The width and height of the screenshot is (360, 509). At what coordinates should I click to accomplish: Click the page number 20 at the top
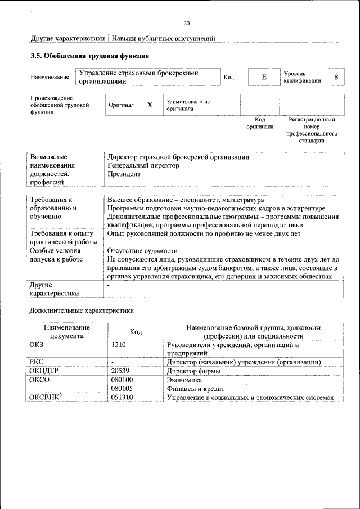187,23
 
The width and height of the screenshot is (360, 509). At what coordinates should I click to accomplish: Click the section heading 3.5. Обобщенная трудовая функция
89,56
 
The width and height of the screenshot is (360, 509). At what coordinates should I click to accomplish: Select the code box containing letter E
263,76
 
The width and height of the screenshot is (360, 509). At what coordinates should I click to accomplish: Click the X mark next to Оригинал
150,105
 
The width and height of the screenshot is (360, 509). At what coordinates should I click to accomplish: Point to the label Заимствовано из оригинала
188,105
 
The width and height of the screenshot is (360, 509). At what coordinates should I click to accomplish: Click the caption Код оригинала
259,123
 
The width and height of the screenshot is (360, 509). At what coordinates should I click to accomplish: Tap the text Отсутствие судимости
142,250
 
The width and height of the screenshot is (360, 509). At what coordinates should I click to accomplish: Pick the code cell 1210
119,344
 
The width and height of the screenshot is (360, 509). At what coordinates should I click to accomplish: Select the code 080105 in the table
122,388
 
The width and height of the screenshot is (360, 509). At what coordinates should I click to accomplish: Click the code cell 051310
122,398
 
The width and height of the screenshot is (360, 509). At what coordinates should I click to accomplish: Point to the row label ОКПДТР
44,371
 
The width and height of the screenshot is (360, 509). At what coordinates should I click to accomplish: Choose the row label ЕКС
37,362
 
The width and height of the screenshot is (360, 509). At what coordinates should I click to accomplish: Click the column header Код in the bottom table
136,332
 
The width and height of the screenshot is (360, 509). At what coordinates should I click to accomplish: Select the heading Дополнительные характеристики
81,310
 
